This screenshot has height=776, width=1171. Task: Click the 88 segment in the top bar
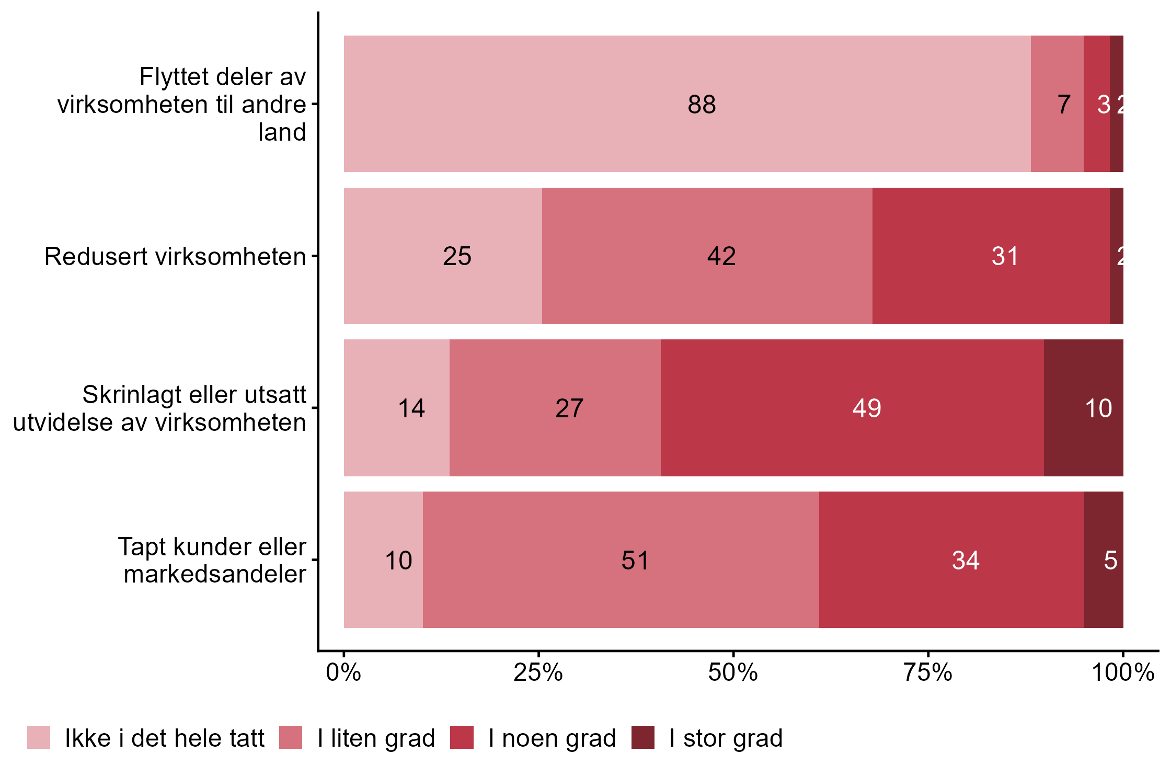[687, 104]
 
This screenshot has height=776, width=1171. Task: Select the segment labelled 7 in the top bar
[1057, 104]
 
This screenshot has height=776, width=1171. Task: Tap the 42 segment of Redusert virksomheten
[707, 256]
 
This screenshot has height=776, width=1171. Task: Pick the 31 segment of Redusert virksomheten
[991, 256]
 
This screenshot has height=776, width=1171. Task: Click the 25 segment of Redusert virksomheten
[443, 256]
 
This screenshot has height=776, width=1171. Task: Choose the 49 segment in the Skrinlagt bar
[852, 408]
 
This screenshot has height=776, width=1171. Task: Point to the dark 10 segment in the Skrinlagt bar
[1083, 408]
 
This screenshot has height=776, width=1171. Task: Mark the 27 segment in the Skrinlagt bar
[555, 408]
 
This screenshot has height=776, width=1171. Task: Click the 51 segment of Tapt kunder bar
[621, 560]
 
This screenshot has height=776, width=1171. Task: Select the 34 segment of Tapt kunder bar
[951, 560]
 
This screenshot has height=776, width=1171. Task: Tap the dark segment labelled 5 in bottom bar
[1103, 560]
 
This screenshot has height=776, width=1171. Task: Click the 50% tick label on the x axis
[733, 672]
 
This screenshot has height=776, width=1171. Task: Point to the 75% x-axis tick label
[928, 672]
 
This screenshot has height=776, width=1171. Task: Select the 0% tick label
[343, 672]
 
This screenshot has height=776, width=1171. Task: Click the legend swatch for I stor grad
[642, 737]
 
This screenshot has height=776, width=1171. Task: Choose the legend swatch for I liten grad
[291, 737]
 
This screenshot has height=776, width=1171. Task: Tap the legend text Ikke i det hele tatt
[165, 738]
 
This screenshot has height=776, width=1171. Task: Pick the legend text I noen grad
[552, 738]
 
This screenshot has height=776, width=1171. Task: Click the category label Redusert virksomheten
[175, 256]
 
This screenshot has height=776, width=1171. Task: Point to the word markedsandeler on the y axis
[215, 574]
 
